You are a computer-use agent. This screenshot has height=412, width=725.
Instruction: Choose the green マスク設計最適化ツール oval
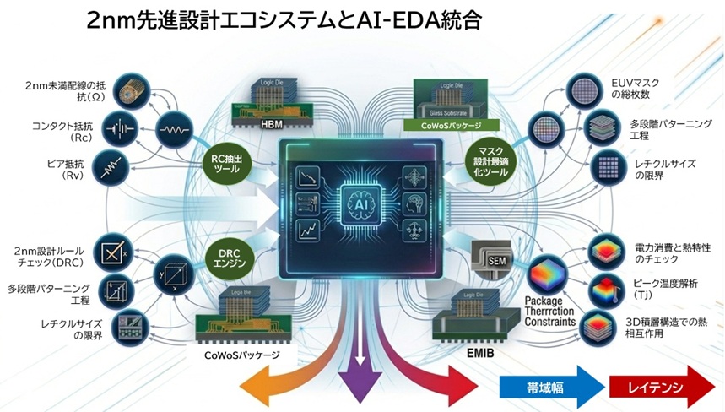[x=490, y=160]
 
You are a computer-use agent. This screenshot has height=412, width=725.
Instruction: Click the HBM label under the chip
[x=272, y=124]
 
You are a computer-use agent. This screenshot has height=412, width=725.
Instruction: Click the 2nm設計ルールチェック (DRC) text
[x=53, y=257]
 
